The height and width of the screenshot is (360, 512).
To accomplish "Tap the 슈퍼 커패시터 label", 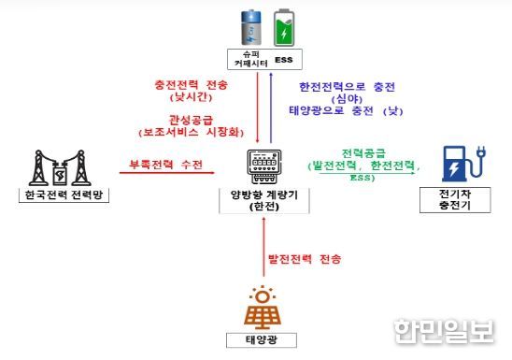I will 245,59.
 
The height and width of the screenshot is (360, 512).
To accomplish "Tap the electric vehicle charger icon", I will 457,165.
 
